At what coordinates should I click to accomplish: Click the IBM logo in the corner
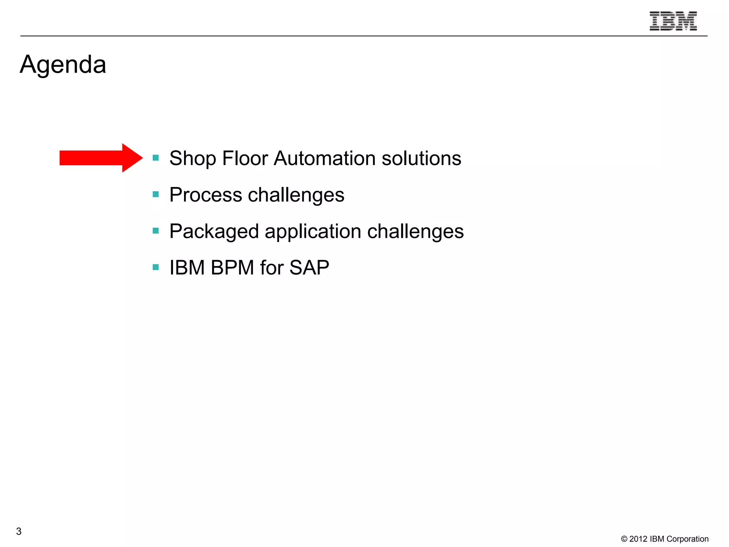[673, 21]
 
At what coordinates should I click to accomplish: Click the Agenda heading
[63, 65]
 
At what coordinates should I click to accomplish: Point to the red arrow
[101, 158]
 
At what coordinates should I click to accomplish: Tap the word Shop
[192, 158]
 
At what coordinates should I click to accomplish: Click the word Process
[206, 195]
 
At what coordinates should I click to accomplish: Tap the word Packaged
[214, 231]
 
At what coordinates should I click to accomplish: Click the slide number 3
[19, 531]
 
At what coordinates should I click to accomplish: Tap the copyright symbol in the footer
[624, 539]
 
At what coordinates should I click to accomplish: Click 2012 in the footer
[638, 539]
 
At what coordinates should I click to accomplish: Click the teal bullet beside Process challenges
[156, 194]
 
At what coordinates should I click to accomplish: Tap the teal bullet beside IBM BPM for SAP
[156, 267]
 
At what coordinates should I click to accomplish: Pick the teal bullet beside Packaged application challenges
[156, 231]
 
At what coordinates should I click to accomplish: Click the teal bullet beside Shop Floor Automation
[156, 157]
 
